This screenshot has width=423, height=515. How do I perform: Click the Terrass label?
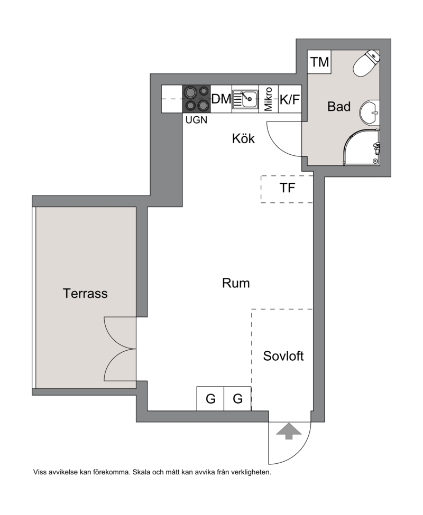pyautogui.click(x=85, y=293)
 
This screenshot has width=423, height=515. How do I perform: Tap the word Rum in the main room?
pyautogui.click(x=236, y=283)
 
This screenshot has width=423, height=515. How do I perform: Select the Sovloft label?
pyautogui.click(x=283, y=356)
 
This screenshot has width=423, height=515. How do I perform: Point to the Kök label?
pyautogui.click(x=243, y=138)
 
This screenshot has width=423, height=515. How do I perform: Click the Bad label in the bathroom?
pyautogui.click(x=339, y=106)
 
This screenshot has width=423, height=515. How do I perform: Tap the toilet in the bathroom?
pyautogui.click(x=366, y=63)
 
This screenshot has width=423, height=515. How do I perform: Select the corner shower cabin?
pyautogui.click(x=362, y=147)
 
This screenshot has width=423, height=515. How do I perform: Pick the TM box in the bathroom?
pyautogui.click(x=319, y=62)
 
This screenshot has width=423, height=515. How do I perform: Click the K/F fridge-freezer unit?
pyautogui.click(x=290, y=99)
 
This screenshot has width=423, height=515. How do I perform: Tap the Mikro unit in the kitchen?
pyautogui.click(x=269, y=99)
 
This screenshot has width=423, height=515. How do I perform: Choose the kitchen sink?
pyautogui.click(x=245, y=99)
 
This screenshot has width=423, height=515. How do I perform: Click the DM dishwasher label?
pyautogui.click(x=221, y=99)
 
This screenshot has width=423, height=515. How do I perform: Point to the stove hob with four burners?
pyautogui.click(x=197, y=99)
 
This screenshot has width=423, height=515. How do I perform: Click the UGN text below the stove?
pyautogui.click(x=197, y=120)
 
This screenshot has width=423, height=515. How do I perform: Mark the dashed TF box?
pyautogui.click(x=287, y=189)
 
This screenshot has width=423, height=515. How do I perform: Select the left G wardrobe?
pyautogui.click(x=210, y=398)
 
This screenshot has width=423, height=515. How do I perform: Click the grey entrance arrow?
pyautogui.click(x=289, y=431)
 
